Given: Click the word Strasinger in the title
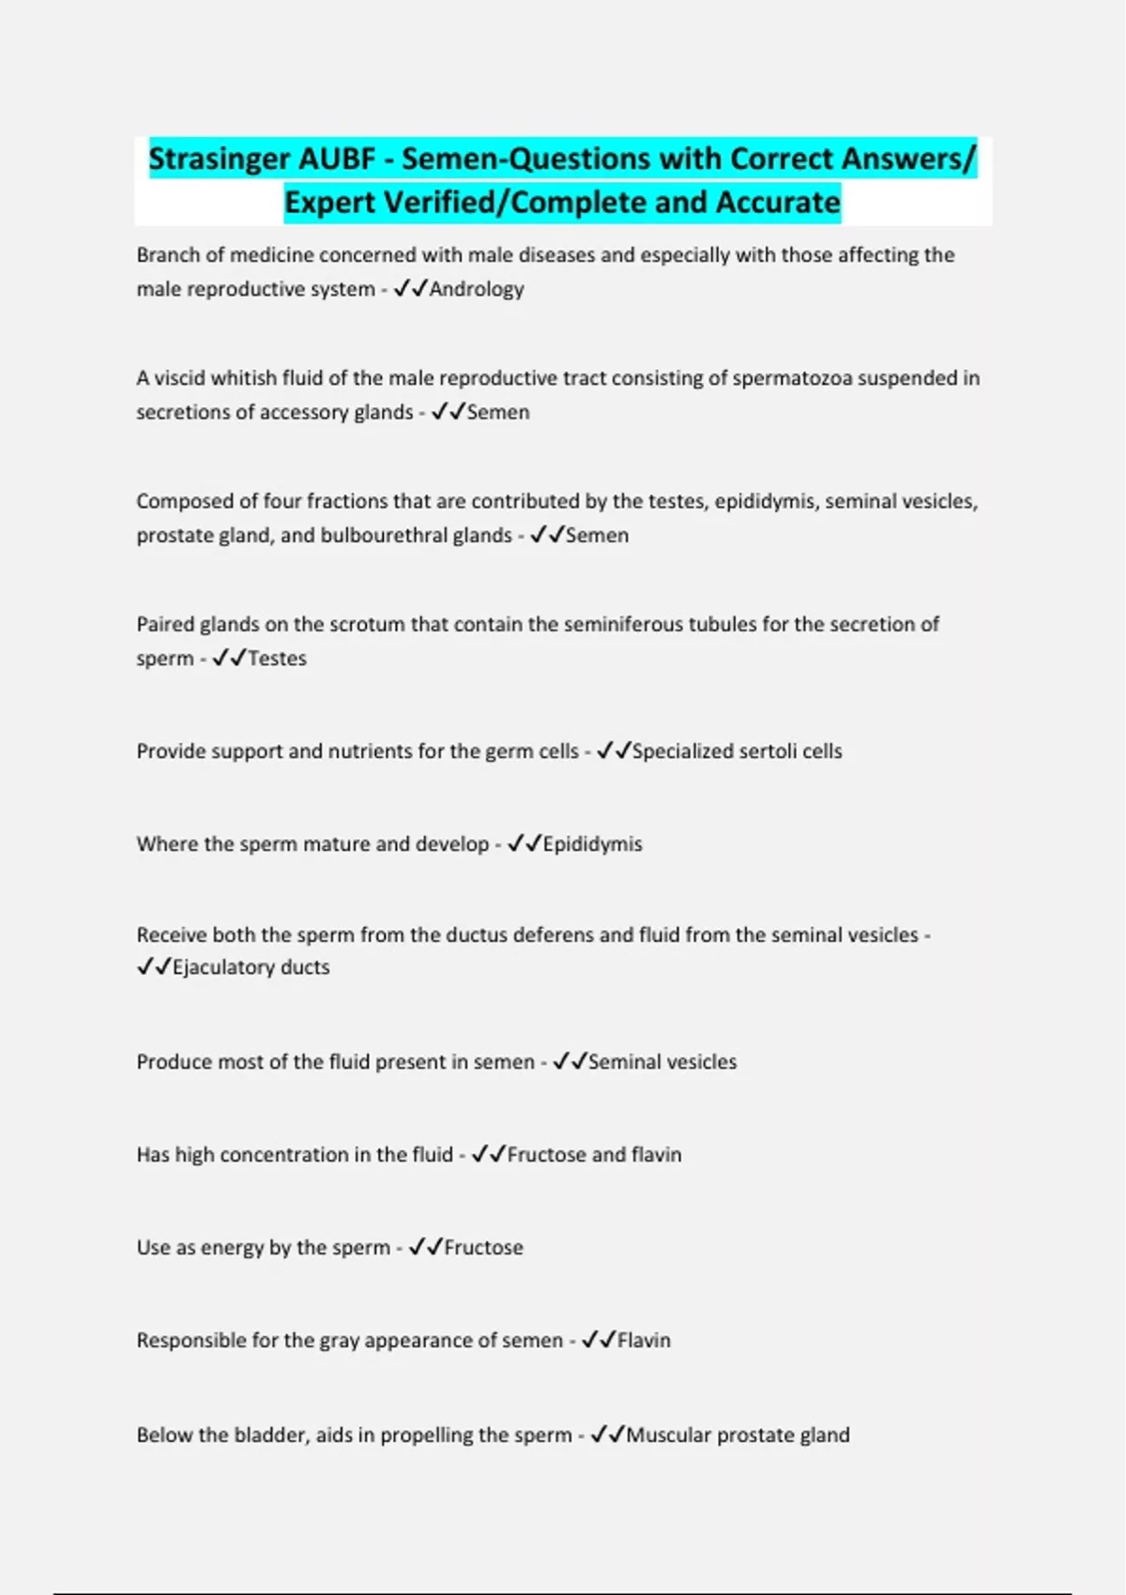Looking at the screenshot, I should [x=220, y=159].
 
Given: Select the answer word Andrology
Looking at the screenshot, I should [x=477, y=289].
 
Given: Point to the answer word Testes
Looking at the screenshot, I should [x=277, y=659].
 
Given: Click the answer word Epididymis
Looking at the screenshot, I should [x=592, y=844].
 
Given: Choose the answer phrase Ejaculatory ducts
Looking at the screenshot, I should [x=251, y=967].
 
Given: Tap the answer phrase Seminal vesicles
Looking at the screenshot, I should [x=662, y=1062].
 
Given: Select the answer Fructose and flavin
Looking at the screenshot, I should [x=594, y=1155].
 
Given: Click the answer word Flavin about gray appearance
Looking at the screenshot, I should [x=644, y=1341].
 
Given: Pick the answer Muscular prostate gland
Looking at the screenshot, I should [x=738, y=1435].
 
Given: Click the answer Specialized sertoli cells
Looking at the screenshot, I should [x=737, y=752].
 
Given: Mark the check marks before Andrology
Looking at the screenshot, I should [x=411, y=289].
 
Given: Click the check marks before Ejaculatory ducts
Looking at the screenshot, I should [x=154, y=967].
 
